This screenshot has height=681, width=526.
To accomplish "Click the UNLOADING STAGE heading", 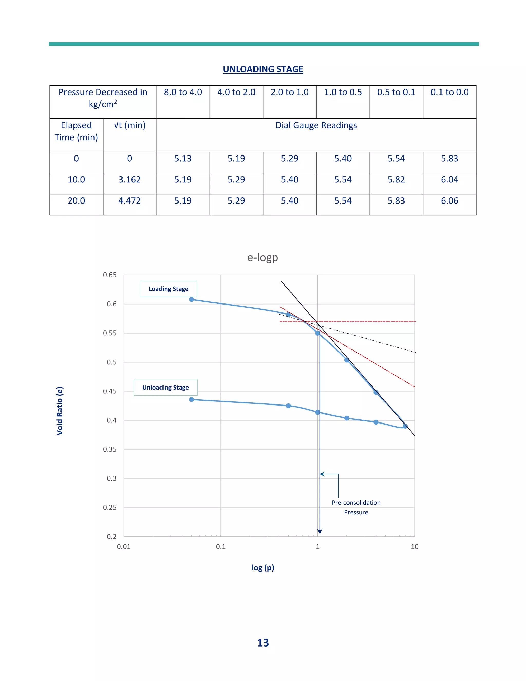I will click(263, 69).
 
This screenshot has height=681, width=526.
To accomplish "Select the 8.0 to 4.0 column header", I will click(183, 92).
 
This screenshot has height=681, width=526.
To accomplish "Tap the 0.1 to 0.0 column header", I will click(449, 92).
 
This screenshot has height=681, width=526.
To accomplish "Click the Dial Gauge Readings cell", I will click(316, 125).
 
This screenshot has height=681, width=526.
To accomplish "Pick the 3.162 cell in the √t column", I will click(129, 180).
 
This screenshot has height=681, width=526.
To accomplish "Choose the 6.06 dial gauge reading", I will click(449, 201).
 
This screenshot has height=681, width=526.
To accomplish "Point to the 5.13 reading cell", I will click(183, 159).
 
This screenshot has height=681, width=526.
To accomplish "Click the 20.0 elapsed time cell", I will click(76, 201).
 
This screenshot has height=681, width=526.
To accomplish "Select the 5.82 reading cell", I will click(396, 180).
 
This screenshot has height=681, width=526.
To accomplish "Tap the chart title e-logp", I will click(262, 257).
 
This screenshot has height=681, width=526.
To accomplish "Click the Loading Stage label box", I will click(168, 289).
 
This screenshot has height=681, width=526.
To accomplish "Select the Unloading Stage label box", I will click(165, 388).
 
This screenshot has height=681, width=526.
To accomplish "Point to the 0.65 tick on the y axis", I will click(110, 275).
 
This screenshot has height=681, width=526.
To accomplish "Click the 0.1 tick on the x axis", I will click(221, 547).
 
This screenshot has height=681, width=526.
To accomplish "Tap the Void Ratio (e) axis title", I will click(60, 411).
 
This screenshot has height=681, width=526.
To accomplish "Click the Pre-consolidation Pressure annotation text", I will click(356, 507).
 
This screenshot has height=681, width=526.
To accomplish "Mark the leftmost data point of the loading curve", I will click(192, 300).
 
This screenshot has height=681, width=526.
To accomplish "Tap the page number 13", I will click(263, 643).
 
